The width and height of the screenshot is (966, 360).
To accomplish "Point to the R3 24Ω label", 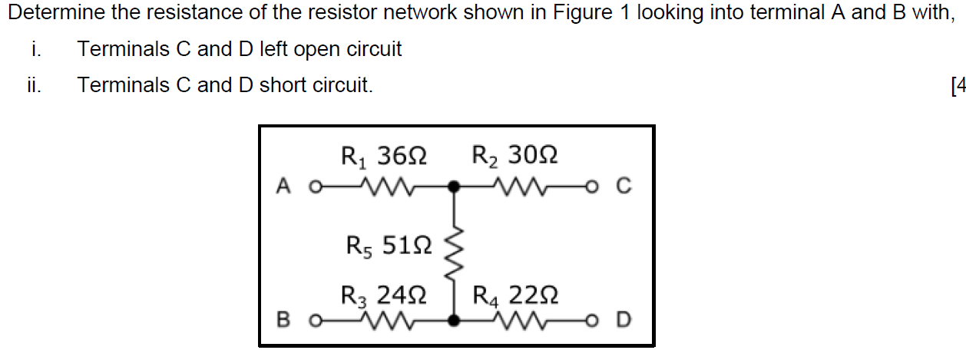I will (383, 296).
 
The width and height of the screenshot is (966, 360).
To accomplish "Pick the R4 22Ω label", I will (514, 296).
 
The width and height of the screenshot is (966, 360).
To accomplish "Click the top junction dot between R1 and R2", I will (455, 186).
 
